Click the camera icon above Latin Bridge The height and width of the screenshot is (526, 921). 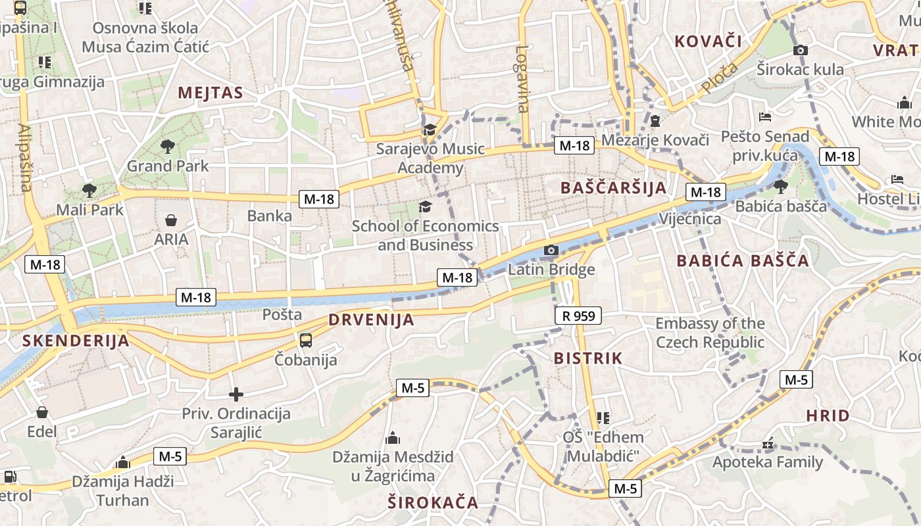551,250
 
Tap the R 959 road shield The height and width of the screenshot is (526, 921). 578,316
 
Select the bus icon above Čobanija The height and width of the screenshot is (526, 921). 306,341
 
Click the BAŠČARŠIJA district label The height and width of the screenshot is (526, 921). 614,188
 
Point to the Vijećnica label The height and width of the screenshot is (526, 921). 690,219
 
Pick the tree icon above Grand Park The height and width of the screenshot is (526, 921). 168,146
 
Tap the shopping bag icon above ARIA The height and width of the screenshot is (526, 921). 171,220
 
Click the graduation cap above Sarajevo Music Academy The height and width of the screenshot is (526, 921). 430,130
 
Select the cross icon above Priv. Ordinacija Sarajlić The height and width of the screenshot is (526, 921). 236,394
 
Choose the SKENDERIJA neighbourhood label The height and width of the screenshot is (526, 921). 76,341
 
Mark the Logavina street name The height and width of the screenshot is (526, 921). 523,79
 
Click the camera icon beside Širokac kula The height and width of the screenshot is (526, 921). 801,50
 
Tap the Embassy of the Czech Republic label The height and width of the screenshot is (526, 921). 710,333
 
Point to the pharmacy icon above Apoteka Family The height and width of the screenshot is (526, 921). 767,444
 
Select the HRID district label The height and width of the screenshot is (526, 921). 828,416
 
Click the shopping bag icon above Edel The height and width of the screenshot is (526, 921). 42,412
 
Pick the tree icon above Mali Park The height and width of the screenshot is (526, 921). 89,191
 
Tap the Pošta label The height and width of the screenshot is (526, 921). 282,314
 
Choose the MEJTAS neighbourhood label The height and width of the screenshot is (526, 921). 211,93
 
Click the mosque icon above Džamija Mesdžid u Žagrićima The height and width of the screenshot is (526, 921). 393,438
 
